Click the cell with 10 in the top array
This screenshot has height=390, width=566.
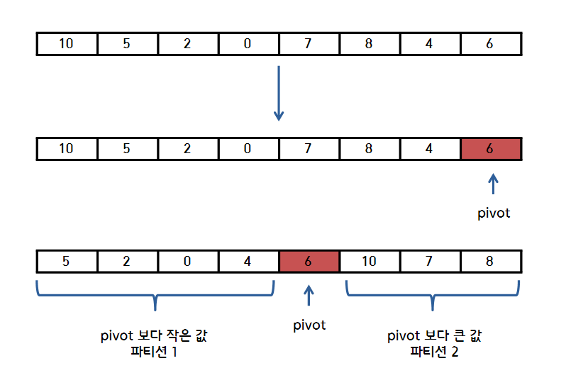click(66, 44)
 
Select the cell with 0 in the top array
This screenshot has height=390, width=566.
click(248, 44)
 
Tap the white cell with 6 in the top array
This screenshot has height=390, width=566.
click(490, 44)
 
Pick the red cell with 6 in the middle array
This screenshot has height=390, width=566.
click(490, 150)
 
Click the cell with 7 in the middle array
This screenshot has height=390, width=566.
click(309, 150)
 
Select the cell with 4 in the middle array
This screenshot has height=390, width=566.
click(430, 150)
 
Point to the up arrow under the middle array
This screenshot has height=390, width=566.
click(494, 184)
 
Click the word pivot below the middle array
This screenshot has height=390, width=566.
click(494, 213)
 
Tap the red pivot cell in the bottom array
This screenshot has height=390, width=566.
click(309, 261)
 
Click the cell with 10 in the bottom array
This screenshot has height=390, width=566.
click(369, 261)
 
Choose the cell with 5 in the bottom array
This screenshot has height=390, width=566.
click(66, 261)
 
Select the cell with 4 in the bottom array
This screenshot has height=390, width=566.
click(248, 261)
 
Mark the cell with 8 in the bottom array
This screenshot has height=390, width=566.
click(490, 261)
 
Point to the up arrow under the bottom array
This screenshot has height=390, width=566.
click(309, 295)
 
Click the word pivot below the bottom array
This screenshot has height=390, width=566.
click(309, 325)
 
